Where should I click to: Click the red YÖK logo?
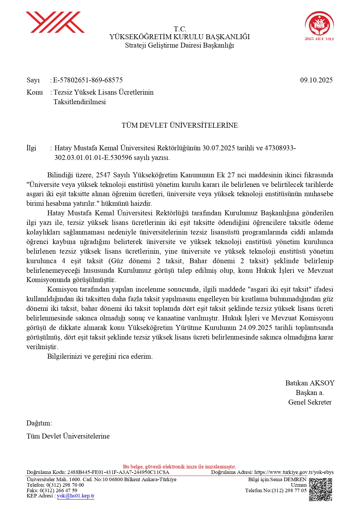[55, 22]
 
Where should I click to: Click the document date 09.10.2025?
[316, 80]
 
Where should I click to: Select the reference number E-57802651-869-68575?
[88, 80]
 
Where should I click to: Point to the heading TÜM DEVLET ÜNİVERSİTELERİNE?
[180, 125]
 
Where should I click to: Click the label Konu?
[35, 92]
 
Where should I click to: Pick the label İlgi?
[31, 148]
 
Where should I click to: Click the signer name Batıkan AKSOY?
[310, 383]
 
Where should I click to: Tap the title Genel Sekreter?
[310, 402]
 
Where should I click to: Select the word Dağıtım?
[39, 423]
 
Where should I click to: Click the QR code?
[320, 490]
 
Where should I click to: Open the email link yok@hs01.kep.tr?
[75, 496]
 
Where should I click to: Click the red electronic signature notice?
[180, 467]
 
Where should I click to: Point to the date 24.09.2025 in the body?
[256, 328]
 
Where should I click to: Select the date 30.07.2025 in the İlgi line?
[218, 148]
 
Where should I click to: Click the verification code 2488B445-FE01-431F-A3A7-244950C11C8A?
[118, 472]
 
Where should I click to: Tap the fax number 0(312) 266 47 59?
[58, 490]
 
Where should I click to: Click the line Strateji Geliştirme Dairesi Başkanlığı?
[180, 45]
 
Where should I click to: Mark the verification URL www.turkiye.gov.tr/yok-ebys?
[294, 472]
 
